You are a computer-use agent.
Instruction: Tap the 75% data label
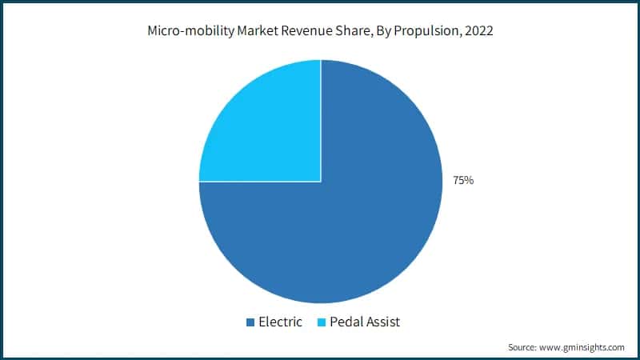463,181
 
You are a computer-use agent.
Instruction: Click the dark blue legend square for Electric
250,322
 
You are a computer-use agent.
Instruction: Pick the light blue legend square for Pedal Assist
322,322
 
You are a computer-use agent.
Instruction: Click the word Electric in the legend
280,322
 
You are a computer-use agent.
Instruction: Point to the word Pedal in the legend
349,322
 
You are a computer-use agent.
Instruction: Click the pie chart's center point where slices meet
321,182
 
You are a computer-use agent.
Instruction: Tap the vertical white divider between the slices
321,120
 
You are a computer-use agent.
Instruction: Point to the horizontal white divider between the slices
260,182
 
